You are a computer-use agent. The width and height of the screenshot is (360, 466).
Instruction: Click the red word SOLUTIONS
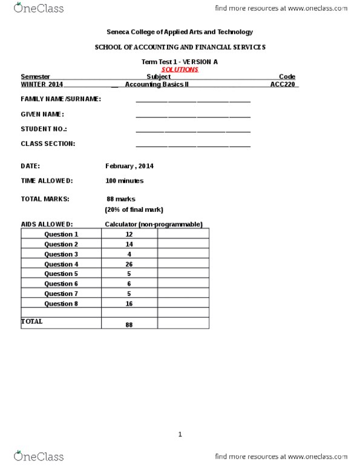click(180, 70)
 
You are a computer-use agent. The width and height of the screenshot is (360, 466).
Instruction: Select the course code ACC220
click(283, 85)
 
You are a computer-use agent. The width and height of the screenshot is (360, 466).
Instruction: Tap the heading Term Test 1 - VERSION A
click(180, 62)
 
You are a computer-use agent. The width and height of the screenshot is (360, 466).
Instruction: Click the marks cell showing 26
click(129, 264)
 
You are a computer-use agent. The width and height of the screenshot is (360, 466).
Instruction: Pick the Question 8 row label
click(61, 303)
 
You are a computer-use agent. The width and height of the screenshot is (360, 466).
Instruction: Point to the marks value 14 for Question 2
click(129, 244)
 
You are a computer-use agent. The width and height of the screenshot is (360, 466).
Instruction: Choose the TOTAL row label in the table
click(32, 321)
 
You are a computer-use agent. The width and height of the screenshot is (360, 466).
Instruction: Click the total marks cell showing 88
click(129, 324)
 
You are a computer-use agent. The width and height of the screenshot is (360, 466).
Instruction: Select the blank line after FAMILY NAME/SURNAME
click(193, 100)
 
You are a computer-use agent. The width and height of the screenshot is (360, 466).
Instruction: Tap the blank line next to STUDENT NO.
click(193, 130)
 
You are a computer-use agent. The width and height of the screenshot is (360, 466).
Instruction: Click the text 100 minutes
click(124, 180)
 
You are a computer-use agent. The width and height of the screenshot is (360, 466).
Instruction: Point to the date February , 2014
click(129, 166)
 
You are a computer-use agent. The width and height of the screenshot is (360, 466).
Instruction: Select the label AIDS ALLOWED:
click(47, 225)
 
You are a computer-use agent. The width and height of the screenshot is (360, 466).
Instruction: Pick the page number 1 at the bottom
click(180, 434)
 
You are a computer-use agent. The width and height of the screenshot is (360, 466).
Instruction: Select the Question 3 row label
click(61, 254)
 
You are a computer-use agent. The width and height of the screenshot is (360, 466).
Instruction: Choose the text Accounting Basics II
click(157, 85)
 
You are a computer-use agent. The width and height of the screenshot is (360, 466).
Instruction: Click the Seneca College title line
click(180, 32)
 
